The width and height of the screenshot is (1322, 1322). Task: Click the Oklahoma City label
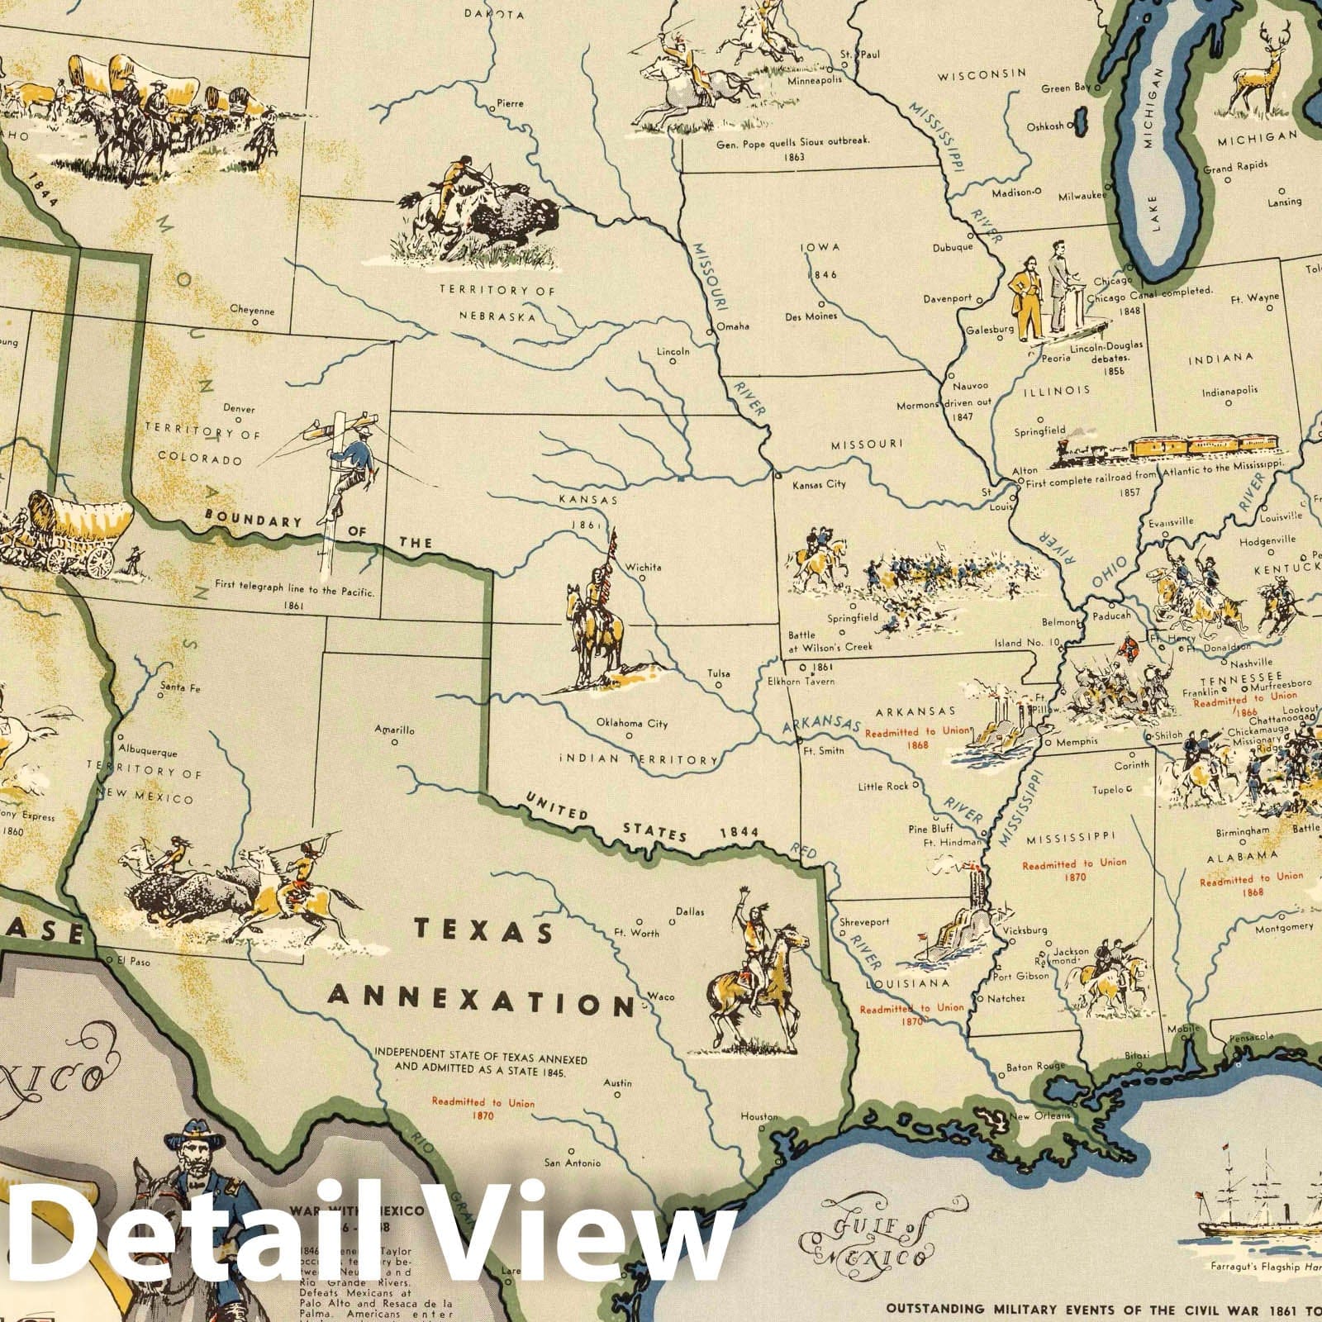pos(632,724)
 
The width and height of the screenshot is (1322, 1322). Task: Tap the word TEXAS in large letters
pos(483,931)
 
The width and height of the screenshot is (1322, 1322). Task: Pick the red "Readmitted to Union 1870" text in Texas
pos(483,1109)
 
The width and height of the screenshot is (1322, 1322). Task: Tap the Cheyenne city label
pos(252,311)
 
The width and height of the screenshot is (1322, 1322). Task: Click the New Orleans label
pos(1040,1116)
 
